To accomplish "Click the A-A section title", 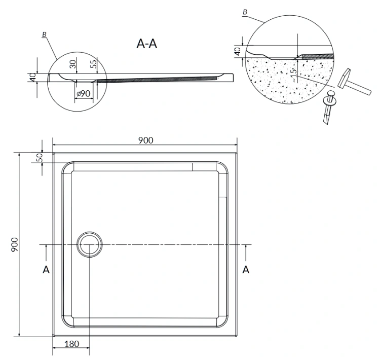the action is click(147, 44).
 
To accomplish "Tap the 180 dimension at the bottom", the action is click(72, 343).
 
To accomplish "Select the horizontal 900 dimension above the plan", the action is click(146, 140).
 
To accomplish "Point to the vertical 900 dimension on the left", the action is click(15, 244).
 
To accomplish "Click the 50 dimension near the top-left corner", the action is click(40, 158).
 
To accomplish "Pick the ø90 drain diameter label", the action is click(84, 93).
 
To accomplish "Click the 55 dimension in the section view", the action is click(93, 63).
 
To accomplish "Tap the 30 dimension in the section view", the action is click(73, 64).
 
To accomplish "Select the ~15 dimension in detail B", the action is click(293, 75).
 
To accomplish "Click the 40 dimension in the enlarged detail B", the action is click(238, 51).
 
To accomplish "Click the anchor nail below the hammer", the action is click(329, 107).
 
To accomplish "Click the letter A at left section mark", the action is click(46, 270).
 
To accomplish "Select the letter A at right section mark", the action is click(246, 270).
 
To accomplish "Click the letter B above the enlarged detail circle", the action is click(245, 12).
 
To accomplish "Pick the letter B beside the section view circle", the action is click(45, 34).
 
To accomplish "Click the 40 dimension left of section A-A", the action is click(33, 77).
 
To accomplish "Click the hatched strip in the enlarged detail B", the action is click(318, 56).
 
